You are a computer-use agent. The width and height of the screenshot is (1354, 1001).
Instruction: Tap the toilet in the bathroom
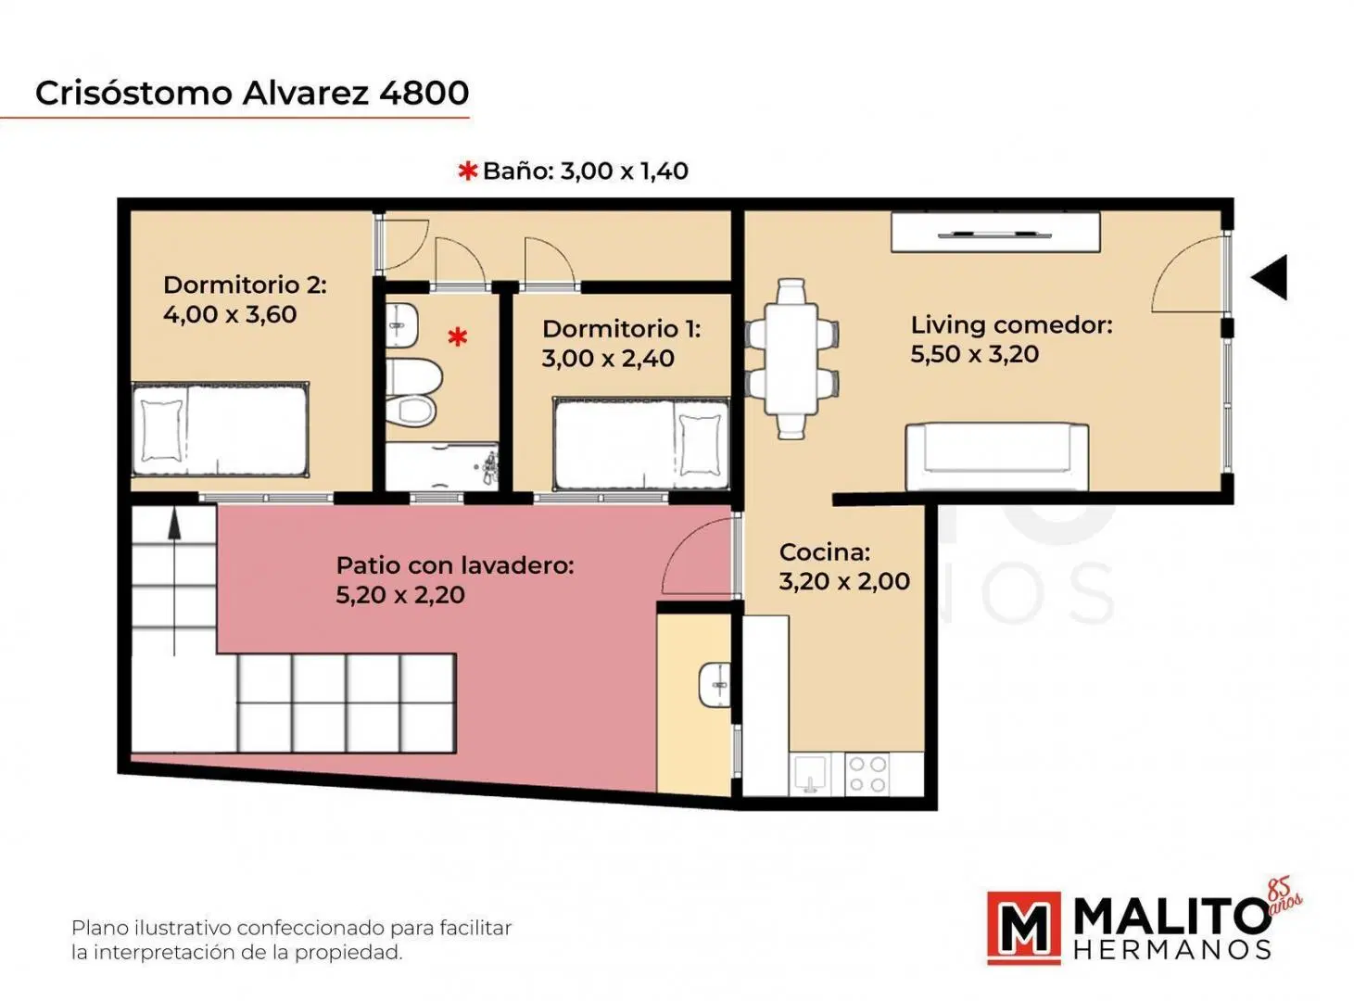click(x=414, y=393)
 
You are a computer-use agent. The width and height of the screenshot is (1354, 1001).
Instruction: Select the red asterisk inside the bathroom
click(x=457, y=336)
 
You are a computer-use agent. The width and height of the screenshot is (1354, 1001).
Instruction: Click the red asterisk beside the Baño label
click(x=468, y=171)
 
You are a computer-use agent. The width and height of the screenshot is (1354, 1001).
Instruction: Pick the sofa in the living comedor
click(x=997, y=457)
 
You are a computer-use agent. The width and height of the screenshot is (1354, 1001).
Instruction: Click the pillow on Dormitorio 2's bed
click(x=162, y=431)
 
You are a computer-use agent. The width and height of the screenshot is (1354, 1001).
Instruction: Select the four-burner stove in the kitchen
click(x=867, y=774)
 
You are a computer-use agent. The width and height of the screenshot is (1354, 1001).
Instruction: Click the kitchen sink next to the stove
click(x=810, y=775)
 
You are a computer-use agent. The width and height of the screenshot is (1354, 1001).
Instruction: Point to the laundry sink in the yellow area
click(x=715, y=685)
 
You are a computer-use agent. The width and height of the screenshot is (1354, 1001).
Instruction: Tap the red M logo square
click(x=1024, y=929)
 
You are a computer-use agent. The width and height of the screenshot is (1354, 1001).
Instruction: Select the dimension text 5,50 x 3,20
click(x=974, y=354)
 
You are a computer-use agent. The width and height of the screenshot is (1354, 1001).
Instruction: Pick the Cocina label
click(x=825, y=552)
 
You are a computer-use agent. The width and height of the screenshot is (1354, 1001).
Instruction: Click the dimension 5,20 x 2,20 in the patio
click(x=400, y=595)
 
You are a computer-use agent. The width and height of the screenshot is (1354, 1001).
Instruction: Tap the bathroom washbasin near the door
click(x=402, y=325)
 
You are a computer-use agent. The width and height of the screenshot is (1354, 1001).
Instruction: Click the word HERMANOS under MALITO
click(x=1172, y=950)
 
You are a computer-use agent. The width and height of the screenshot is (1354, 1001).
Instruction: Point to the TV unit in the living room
click(x=995, y=232)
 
